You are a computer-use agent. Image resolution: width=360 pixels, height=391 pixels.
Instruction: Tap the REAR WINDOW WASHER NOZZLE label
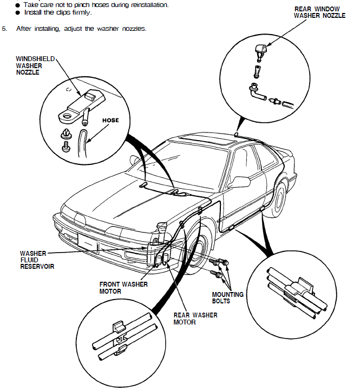coord(319,12)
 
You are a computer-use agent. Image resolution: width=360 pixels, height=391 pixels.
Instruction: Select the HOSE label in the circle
coord(110,120)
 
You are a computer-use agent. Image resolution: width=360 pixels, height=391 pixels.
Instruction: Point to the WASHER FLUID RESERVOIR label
coord(37,260)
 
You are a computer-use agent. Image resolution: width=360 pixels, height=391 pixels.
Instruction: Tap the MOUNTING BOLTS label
coord(227,298)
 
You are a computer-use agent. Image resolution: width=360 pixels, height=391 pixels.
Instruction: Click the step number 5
coord(4,28)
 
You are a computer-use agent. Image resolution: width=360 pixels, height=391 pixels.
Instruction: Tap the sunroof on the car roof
coord(205,142)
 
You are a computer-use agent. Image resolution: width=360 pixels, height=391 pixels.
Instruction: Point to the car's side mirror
coord(237,182)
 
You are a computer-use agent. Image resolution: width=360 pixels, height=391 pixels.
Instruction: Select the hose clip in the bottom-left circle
coord(119,339)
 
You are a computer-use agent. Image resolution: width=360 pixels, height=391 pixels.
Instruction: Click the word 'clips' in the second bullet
coord(63,12)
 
